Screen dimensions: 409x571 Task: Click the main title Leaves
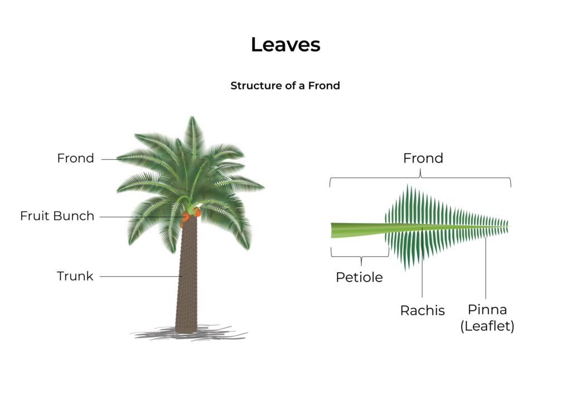pos(285,45)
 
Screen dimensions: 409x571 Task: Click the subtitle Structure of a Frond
pos(285,86)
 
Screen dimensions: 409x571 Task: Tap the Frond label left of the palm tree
pos(75,158)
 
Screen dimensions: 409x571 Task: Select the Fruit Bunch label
pos(57,216)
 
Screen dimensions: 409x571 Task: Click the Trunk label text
pos(75,276)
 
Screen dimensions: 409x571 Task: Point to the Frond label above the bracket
pos(423,158)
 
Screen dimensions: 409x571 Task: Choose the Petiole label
pos(359,277)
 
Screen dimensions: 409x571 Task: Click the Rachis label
pos(422,310)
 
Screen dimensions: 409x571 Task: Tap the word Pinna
pos(487,310)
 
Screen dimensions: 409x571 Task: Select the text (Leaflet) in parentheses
pos(487,326)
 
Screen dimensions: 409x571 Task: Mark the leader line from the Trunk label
pos(139,276)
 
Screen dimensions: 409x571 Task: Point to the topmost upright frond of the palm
pos(193,134)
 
